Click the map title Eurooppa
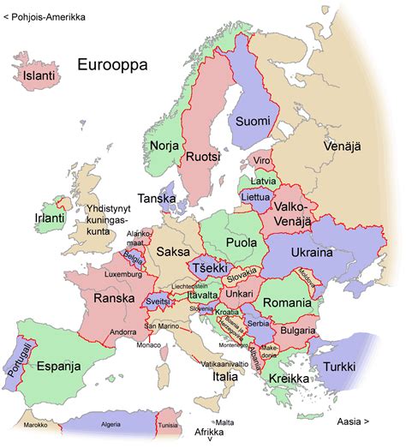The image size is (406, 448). coord(112,65)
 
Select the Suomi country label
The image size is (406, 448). coord(253,120)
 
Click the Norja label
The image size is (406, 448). coord(164,146)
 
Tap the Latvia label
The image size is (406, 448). coord(264,182)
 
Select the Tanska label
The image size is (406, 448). coord(157,199)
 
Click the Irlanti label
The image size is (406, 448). coord(50,218)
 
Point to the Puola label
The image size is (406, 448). coord(242,242)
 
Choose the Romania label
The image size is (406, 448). coord(287,304)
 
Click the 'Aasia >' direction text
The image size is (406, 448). coord(353,421)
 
